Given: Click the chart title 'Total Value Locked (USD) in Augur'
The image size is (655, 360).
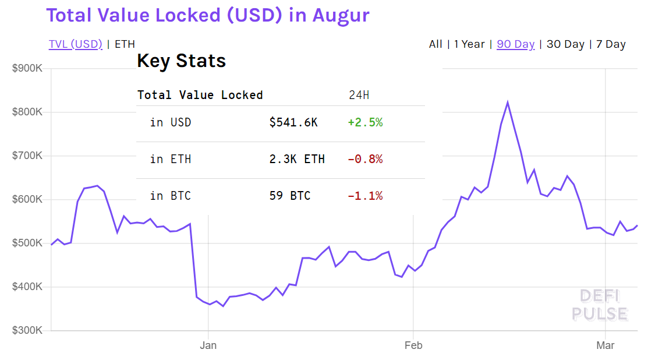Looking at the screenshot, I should pos(208,15).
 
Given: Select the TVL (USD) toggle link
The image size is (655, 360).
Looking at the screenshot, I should pos(76,44).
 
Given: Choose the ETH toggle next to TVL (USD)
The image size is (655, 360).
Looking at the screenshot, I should pos(125,44).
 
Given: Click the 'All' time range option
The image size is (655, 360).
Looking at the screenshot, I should pos(436,44).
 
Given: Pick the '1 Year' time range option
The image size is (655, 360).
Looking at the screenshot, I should pos(469,44).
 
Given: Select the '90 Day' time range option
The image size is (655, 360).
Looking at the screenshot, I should pos(515,44).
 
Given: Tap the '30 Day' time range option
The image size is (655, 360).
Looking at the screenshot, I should pos(565,44).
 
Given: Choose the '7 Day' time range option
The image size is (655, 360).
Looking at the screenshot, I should pos(611,44).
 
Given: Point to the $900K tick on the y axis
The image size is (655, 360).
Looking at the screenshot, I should pos(27,69).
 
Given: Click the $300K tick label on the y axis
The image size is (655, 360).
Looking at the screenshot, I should pos(27,330).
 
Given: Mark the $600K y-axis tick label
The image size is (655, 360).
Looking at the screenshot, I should pos(27,199).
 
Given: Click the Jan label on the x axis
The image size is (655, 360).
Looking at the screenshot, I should pos(208,345).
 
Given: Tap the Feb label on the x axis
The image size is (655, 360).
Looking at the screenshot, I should pos(413,345).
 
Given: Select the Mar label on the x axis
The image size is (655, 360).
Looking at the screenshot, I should pos(606,345).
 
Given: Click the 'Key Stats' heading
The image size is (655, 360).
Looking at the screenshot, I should pos(182,61).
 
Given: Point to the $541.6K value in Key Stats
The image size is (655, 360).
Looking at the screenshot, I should pos(293,123).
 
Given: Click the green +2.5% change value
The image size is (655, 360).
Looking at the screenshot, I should pos(365,123).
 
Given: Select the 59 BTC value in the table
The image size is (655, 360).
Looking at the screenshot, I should pos(290,196).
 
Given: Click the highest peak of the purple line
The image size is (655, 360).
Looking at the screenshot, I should pos(508,103).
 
